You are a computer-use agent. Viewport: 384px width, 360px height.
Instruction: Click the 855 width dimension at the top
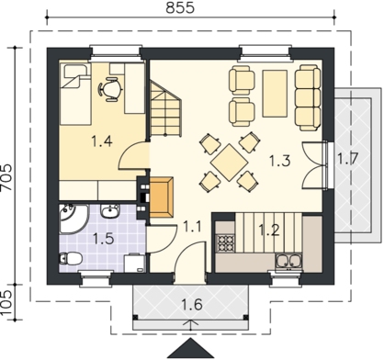(180, 7)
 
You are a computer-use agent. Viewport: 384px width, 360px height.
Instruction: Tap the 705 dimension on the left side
(6, 177)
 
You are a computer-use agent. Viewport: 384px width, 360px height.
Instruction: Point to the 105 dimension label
(6, 302)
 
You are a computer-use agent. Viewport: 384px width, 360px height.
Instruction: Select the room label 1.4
(102, 141)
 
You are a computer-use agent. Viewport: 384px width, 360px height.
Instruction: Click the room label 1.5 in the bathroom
(104, 239)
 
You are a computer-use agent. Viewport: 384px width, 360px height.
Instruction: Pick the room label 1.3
(279, 161)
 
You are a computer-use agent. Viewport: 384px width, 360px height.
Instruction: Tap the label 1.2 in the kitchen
(269, 230)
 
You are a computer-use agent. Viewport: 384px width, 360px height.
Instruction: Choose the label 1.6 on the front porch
(192, 305)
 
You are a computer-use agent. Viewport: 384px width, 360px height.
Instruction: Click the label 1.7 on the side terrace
(347, 159)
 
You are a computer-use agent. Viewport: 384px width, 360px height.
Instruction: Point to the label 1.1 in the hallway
(192, 227)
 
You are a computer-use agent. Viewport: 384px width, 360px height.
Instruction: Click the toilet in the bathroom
(71, 259)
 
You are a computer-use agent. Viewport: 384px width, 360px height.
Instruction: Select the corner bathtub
(73, 219)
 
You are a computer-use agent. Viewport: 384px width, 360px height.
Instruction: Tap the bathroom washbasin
(110, 211)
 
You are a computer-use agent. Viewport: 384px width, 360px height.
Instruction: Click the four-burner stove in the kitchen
(225, 242)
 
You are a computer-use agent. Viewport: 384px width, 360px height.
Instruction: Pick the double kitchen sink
(288, 262)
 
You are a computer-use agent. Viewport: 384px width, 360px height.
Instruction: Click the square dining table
(230, 163)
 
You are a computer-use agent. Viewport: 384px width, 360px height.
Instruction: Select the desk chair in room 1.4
(109, 89)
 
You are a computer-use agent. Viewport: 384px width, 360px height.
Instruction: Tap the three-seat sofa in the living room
(308, 97)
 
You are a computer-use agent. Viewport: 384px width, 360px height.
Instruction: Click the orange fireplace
(162, 197)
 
